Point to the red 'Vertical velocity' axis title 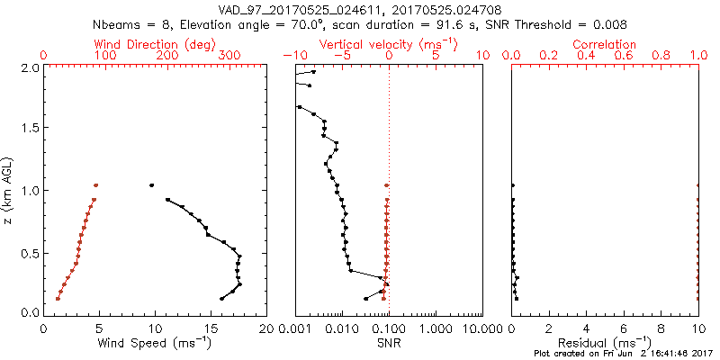[388, 44]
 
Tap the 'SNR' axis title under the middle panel [388, 344]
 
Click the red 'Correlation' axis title [607, 44]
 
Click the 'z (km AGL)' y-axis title [9, 189]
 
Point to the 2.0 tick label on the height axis [29, 67]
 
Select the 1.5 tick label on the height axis [29, 129]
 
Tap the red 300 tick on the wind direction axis [229, 56]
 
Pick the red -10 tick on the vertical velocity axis [292, 56]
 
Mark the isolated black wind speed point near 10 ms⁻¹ [152, 185]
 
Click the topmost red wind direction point [95, 185]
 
